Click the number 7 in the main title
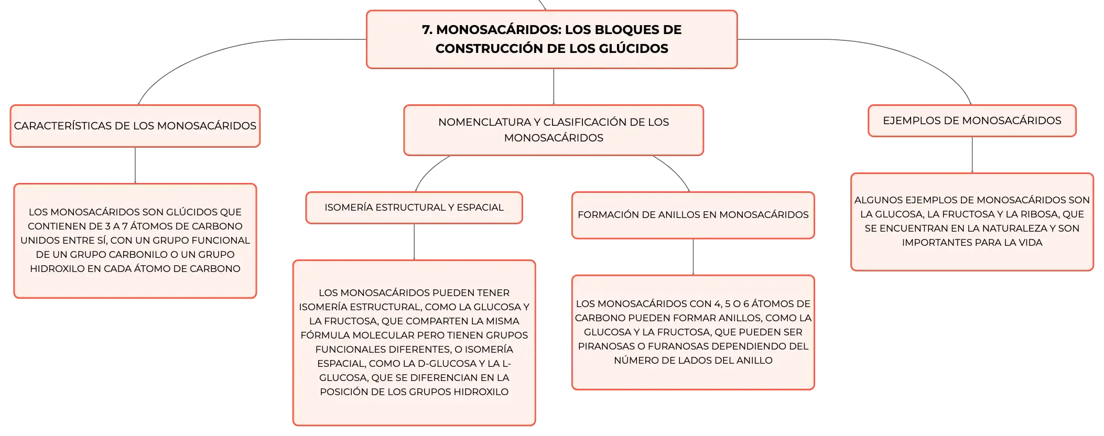[426, 30]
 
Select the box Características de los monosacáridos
[135, 126]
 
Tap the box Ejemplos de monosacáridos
[972, 121]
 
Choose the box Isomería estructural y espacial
[414, 208]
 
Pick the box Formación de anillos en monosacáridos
[693, 215]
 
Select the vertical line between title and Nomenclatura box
[554, 87]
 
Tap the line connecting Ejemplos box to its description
[972, 155]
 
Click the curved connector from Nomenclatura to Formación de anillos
[675, 170]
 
